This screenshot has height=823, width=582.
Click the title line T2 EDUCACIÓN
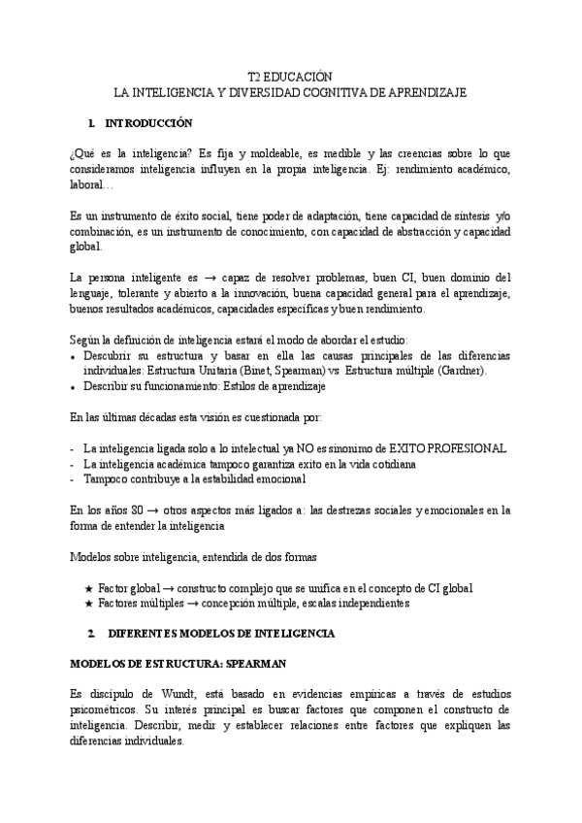coord(290,77)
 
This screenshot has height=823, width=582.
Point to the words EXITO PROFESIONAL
coord(449,448)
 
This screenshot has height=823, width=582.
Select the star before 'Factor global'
coord(89,589)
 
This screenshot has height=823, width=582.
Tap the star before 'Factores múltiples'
coord(89,604)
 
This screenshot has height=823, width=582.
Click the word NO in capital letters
coord(306,448)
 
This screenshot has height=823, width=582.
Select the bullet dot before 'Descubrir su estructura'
coord(75,356)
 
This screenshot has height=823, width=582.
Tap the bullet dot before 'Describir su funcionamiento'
coord(75,386)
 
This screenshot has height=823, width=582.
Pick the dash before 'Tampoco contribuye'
coord(74,479)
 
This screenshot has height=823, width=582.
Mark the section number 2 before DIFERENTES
coord(89,634)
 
